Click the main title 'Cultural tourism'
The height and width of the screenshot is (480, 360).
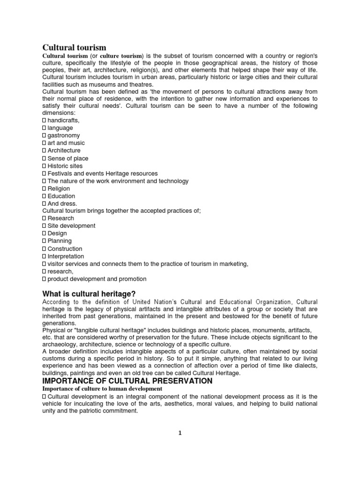(75, 47)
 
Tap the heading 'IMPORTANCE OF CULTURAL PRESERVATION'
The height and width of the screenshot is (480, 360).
(127, 381)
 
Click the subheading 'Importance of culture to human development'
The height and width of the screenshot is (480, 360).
(102, 389)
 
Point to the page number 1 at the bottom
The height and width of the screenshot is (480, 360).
(180, 433)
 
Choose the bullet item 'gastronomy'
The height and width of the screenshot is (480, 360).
(63, 135)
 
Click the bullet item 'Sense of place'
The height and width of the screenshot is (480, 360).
(67, 158)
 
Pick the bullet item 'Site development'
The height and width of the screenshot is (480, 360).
(71, 226)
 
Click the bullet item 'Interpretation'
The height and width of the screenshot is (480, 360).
(66, 256)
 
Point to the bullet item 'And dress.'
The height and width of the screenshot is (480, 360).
(62, 203)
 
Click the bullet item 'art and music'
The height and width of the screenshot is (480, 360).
(66, 143)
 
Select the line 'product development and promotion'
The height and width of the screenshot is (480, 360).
(97, 279)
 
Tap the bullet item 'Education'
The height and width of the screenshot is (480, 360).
(61, 196)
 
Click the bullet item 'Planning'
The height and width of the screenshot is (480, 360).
(60, 241)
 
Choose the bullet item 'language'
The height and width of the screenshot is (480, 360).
(60, 128)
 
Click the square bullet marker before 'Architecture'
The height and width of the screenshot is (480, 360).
(44, 150)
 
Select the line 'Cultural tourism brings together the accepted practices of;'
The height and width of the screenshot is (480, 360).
(121, 211)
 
